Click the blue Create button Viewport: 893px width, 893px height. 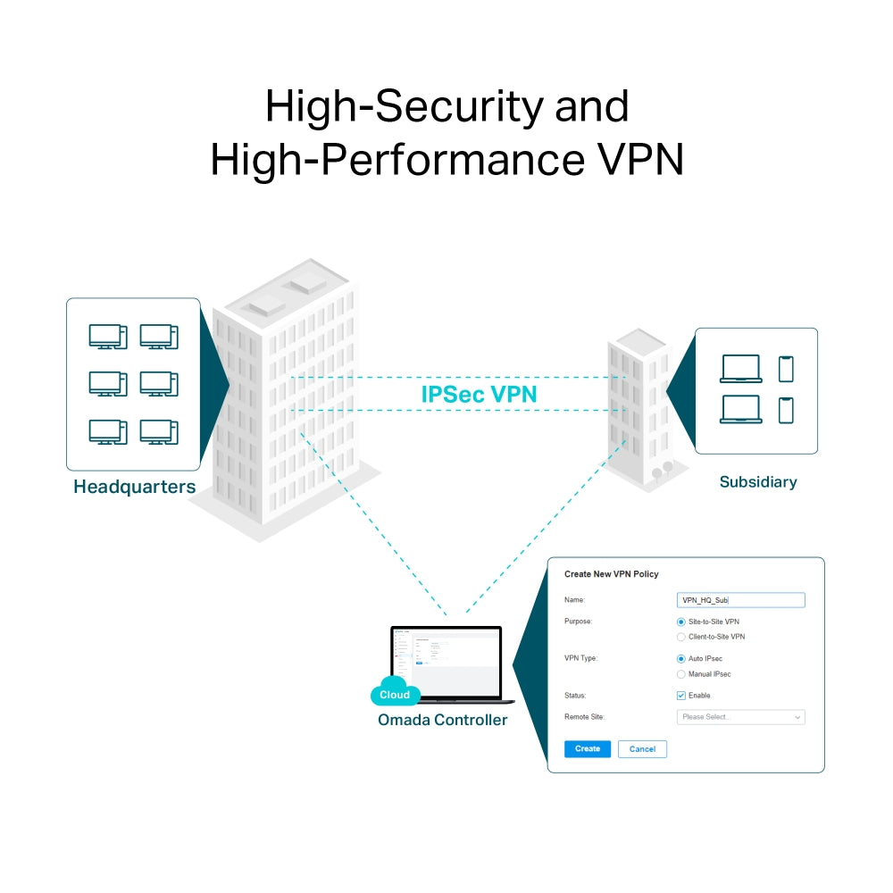click(588, 748)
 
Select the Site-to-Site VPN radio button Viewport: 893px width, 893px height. click(681, 622)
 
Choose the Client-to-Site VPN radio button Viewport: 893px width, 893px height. click(681, 637)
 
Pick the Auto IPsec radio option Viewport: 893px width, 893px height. click(681, 658)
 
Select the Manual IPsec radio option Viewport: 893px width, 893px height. click(681, 674)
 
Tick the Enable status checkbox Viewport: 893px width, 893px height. click(681, 696)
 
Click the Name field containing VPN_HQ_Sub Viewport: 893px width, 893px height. click(740, 600)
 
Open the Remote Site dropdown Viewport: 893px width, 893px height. click(740, 717)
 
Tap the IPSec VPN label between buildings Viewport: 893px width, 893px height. click(479, 394)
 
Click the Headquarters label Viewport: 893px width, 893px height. click(134, 487)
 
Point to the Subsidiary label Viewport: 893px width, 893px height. click(758, 482)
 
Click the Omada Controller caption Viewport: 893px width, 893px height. click(442, 720)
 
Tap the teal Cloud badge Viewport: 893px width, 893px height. click(395, 694)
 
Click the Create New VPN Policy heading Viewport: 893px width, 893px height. click(611, 574)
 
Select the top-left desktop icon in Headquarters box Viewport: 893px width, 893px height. click(107, 337)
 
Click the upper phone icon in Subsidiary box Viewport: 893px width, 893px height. click(786, 369)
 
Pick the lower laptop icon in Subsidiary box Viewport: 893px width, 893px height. click(740, 409)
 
